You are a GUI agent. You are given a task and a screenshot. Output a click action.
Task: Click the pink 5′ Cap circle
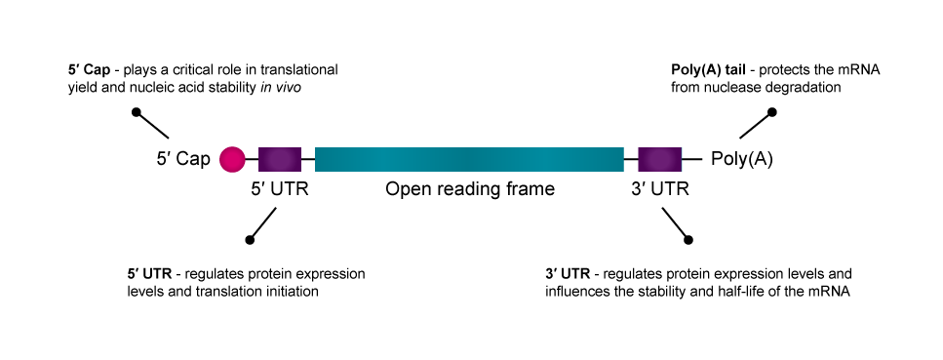click(232, 158)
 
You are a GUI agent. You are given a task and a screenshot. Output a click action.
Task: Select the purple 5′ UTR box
click(280, 158)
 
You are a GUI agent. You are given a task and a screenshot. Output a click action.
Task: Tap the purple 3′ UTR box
click(659, 158)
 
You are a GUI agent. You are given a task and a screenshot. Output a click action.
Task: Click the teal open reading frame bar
click(469, 158)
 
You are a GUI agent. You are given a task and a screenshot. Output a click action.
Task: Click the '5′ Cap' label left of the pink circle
click(183, 159)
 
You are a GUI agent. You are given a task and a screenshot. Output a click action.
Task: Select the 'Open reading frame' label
click(469, 189)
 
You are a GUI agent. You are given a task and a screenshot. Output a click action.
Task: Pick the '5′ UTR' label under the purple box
click(281, 189)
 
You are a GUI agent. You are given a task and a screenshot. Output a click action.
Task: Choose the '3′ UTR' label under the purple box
click(659, 189)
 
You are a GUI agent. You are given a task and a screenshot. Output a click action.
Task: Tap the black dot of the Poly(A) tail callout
click(772, 113)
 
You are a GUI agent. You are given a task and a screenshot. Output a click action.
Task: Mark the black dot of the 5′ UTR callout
click(251, 239)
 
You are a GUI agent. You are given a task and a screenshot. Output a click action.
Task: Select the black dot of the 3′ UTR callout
click(689, 239)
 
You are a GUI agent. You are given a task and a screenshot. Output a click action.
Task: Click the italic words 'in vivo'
click(300, 87)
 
